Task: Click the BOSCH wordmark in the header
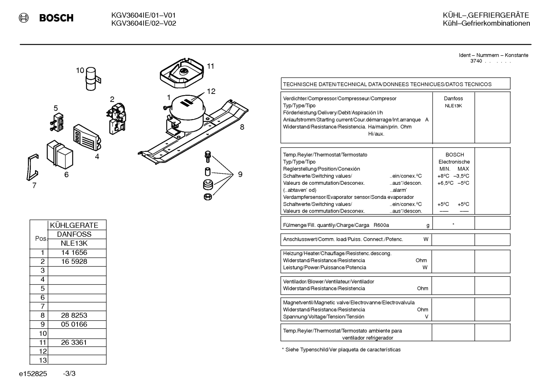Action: tap(56, 18)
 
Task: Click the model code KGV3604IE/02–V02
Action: tap(144, 23)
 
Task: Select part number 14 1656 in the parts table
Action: tap(74, 252)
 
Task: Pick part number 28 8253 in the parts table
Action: tap(74, 315)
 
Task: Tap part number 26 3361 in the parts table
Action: tap(74, 342)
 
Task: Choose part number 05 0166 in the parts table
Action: tap(74, 324)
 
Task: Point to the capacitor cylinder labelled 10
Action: tap(91, 79)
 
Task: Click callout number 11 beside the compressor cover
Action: tap(211, 66)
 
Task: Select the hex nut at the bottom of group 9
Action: tap(208, 197)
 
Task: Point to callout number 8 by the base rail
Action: tap(242, 127)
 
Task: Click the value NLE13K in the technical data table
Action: tap(453, 106)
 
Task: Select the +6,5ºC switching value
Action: tap(445, 183)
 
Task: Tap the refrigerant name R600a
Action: tap(381, 225)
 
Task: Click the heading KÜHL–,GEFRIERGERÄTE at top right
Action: tap(486, 15)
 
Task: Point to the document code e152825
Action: tap(33, 374)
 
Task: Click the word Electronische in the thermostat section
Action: tap(454, 162)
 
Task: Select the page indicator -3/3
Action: tap(69, 373)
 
